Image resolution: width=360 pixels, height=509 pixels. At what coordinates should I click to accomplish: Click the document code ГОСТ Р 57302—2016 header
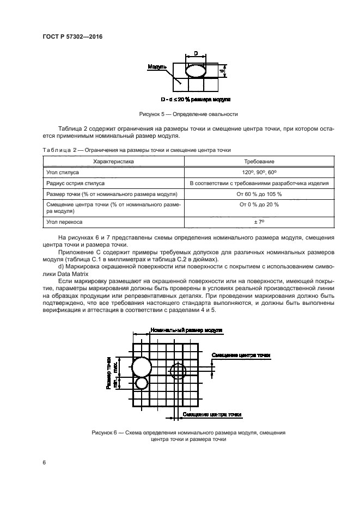tap(72, 36)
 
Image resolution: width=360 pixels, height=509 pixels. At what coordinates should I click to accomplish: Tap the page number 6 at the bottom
tap(44, 462)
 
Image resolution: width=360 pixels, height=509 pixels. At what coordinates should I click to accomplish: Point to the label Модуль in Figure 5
tap(157, 68)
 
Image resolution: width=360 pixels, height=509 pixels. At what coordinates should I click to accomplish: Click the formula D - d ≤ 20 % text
tap(196, 100)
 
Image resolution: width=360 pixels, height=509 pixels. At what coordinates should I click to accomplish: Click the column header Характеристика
tap(113, 162)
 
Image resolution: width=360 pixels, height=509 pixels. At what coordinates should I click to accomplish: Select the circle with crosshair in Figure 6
tap(178, 371)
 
